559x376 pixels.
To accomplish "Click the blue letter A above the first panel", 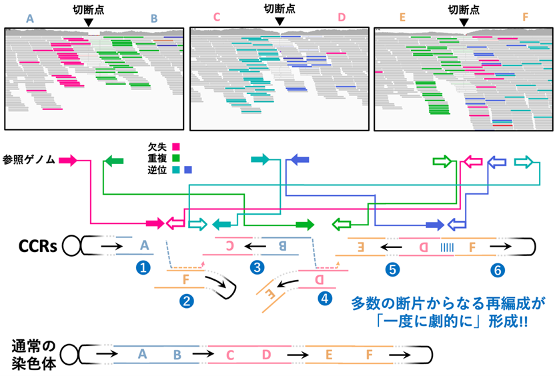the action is coord(30,19).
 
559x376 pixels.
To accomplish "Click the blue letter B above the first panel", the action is coord(154,19).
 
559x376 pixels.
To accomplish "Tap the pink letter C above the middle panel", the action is coord(217,17).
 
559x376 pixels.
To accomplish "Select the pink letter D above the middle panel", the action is coord(342,17).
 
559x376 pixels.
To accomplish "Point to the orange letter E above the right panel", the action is coord(402,17).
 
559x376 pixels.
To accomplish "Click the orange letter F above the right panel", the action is coord(525,17).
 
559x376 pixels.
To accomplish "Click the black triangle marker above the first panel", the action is coord(89,23).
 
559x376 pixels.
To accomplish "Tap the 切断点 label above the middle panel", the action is coord(280,9).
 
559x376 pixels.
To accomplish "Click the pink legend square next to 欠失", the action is coord(176,147).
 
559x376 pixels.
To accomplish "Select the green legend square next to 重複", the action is coord(176,158).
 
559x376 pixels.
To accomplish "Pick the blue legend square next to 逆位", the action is coord(188,169).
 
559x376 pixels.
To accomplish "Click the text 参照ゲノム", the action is coord(29,159).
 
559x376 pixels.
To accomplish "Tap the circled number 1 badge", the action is coord(143,267).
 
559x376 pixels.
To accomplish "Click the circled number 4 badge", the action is coord(325,298).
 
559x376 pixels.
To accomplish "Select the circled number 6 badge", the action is coord(498,270).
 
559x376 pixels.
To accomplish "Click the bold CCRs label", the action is coord(38,246).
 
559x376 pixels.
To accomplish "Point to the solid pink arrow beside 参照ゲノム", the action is coord(68,161).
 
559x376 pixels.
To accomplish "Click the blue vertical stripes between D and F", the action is coord(447,247).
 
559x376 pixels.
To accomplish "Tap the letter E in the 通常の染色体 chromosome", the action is coord(329,355).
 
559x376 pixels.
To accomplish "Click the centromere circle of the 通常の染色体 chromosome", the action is coord(69,355).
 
